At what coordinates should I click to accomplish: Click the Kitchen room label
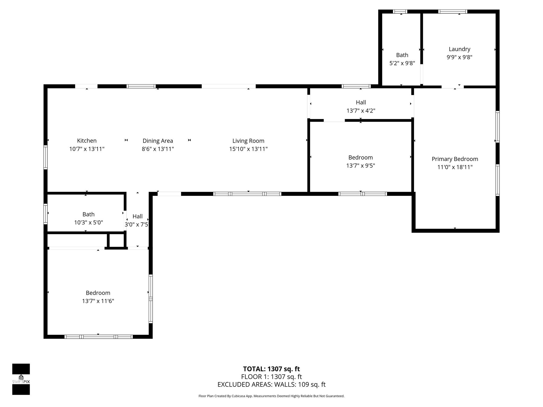click(x=87, y=141)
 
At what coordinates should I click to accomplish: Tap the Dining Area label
click(x=158, y=141)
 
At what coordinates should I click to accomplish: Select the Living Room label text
click(x=248, y=141)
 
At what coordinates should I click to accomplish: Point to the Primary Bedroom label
click(x=455, y=159)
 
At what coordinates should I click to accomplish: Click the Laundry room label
click(x=459, y=49)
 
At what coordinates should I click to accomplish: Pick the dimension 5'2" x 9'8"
click(x=402, y=63)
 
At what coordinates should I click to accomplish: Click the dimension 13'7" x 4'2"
click(x=361, y=111)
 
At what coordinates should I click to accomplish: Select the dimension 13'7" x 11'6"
click(x=98, y=301)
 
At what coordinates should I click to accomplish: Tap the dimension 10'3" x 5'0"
click(x=88, y=223)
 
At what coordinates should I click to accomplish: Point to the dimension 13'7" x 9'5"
click(x=360, y=166)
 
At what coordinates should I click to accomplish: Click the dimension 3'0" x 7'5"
click(x=137, y=225)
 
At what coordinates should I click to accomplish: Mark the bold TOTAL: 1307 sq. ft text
click(x=271, y=369)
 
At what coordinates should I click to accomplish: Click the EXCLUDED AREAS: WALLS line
click(x=271, y=384)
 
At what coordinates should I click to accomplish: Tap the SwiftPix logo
click(x=21, y=379)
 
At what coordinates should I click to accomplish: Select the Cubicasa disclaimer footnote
click(x=271, y=396)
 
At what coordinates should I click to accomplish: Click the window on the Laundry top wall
click(x=453, y=11)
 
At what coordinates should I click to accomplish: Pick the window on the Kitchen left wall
click(x=46, y=157)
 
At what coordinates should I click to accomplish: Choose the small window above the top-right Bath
click(x=400, y=11)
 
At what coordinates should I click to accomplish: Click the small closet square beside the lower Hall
click(x=116, y=240)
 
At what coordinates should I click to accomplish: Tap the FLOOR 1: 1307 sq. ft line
click(x=271, y=377)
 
